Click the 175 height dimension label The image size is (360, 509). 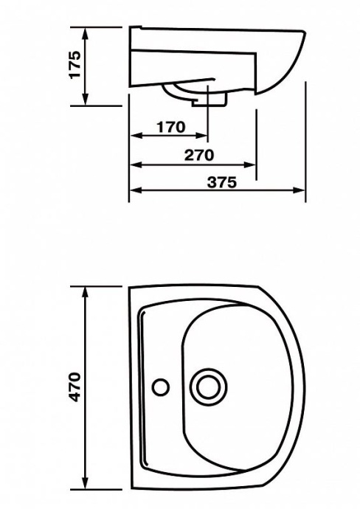click(75, 64)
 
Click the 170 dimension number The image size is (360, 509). click(171, 127)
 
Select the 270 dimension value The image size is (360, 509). click(199, 155)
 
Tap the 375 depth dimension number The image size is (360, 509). click(222, 182)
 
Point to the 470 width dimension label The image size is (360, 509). click(75, 387)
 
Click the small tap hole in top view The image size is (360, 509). click(161, 387)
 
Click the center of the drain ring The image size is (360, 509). click(208, 387)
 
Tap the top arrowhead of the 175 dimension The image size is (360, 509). click(85, 33)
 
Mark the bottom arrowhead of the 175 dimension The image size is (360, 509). click(85, 100)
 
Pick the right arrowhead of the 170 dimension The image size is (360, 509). click(201, 136)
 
